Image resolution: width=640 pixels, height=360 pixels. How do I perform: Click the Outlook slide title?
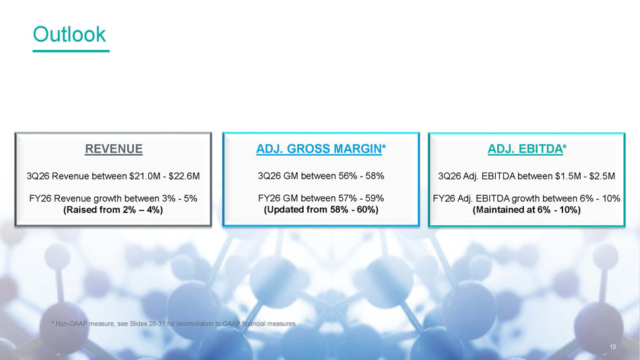(x=69, y=34)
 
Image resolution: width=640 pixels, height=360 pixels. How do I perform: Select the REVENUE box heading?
(x=114, y=149)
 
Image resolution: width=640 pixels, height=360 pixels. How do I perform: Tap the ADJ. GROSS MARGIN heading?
(x=319, y=149)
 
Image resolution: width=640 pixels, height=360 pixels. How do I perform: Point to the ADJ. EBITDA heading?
(x=525, y=149)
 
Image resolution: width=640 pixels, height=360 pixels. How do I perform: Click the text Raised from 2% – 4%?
(x=113, y=210)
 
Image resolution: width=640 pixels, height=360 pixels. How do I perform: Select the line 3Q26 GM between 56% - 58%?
(x=321, y=176)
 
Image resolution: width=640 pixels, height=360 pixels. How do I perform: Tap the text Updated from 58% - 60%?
(x=321, y=210)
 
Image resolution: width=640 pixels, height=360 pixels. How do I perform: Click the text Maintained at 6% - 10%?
(x=527, y=210)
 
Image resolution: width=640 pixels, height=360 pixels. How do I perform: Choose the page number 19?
(x=612, y=347)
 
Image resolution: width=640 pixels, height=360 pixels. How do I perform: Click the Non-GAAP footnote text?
(x=173, y=324)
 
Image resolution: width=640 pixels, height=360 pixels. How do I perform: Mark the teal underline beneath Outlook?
(x=71, y=51)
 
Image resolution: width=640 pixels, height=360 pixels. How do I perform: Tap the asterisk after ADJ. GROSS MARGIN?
(x=384, y=147)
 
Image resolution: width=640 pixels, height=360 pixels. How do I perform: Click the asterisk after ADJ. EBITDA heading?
(x=565, y=147)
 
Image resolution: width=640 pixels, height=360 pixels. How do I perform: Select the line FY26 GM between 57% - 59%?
(x=321, y=198)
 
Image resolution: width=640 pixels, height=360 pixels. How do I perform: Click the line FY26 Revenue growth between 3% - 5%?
(x=113, y=199)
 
